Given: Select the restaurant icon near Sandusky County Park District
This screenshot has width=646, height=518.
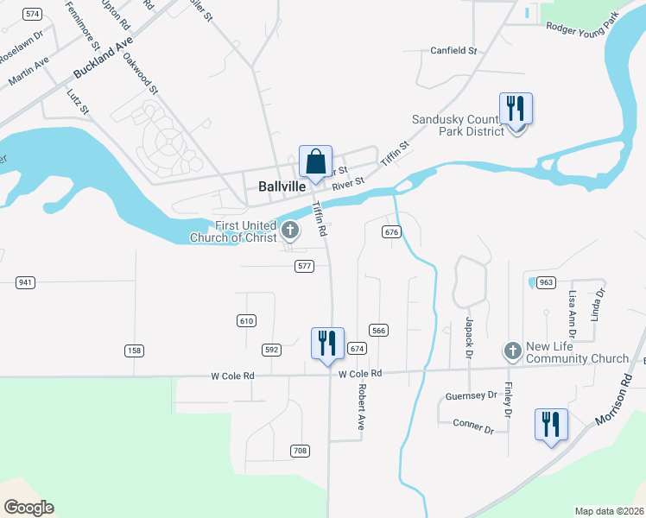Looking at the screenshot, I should pyautogui.click(x=516, y=110).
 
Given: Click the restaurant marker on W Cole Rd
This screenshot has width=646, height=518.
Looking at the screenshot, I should pyautogui.click(x=327, y=344).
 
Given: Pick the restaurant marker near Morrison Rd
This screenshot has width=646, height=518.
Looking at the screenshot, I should pyautogui.click(x=550, y=426).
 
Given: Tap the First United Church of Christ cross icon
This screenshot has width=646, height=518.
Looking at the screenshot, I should pyautogui.click(x=290, y=231).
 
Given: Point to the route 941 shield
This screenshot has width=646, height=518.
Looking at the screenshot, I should pyautogui.click(x=25, y=282).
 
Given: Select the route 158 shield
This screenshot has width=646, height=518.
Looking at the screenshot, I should pyautogui.click(x=134, y=351).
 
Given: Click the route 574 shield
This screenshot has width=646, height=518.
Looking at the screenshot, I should pyautogui.click(x=33, y=15).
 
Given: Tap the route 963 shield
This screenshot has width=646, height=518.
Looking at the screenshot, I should pyautogui.click(x=545, y=282).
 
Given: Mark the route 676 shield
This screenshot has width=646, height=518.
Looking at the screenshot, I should pyautogui.click(x=391, y=232).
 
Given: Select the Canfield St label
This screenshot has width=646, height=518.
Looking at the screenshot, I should pyautogui.click(x=453, y=51).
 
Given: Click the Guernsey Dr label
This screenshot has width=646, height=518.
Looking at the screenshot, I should pyautogui.click(x=471, y=395).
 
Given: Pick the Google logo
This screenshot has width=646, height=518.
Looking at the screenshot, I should pyautogui.click(x=28, y=508).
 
